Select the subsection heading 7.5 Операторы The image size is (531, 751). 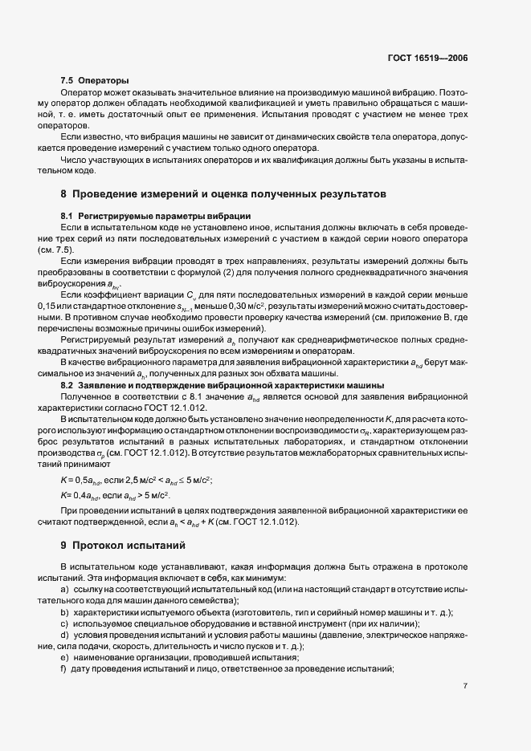click(95, 82)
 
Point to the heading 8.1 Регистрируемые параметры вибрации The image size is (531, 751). click(156, 217)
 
